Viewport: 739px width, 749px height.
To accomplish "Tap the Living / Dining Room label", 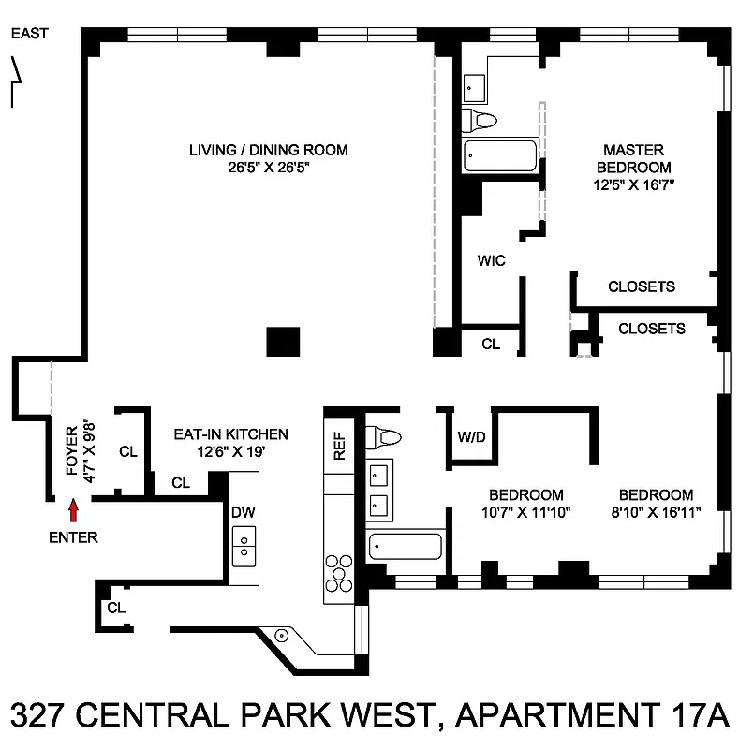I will tap(269, 158).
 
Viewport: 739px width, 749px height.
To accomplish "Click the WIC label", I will tap(492, 260).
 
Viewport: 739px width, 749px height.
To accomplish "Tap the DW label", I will tap(243, 511).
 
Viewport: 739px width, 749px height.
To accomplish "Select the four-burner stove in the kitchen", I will tap(339, 573).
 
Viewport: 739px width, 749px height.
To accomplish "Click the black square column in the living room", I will tap(283, 341).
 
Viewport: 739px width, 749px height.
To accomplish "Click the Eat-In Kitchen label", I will tap(230, 443).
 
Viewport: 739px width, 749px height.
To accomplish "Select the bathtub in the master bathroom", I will tap(500, 154).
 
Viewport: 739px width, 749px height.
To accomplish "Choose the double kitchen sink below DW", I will tap(244, 542).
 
